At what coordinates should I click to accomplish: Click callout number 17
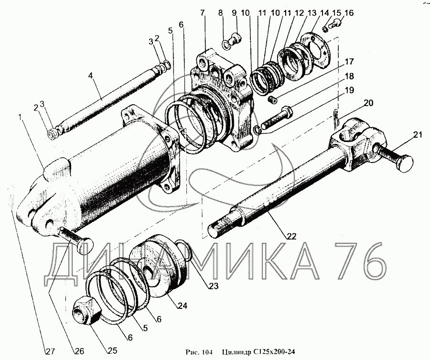349,62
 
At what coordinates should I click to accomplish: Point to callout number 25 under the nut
112,350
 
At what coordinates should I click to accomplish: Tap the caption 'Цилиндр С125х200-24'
258,353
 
